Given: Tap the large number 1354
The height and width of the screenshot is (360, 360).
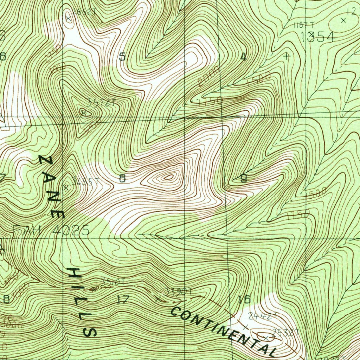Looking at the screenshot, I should tap(317, 37).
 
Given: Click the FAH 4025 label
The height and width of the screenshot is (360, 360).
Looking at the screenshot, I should tap(51, 231).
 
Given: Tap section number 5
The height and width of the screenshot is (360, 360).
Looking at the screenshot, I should tap(122, 57).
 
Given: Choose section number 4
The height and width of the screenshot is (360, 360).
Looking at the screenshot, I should tap(243, 57).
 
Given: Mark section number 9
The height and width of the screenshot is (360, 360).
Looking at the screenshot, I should tap(243, 179).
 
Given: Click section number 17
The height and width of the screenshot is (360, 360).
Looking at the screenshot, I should tap(123, 300).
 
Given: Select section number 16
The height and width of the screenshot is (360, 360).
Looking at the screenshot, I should tap(244, 300).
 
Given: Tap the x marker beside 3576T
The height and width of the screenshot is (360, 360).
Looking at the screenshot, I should tap(84, 112).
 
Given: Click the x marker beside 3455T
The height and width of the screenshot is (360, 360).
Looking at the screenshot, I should tap(65, 187).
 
